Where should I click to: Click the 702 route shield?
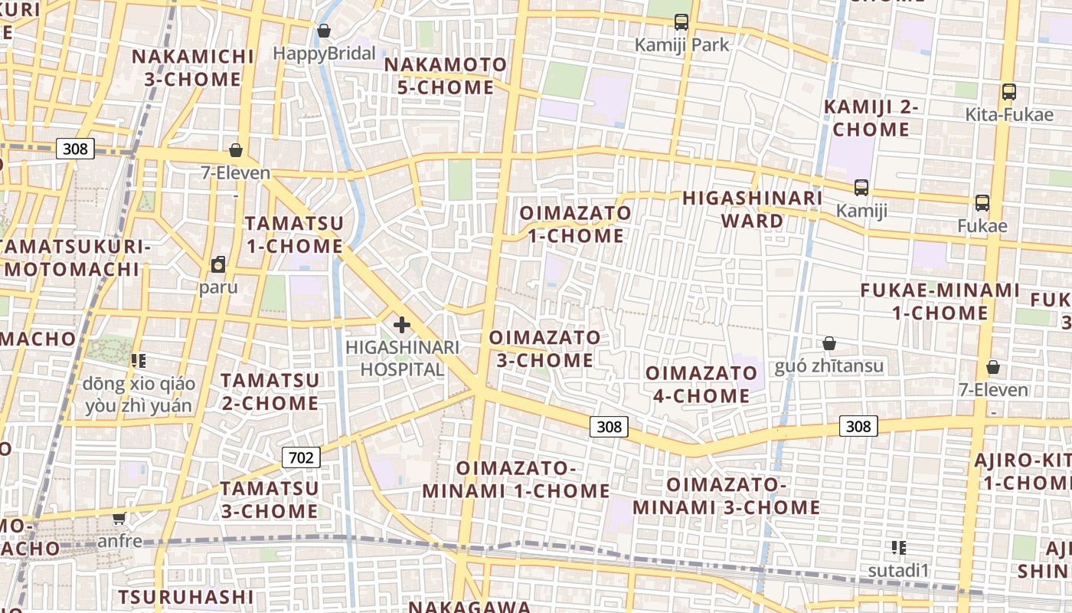pyautogui.click(x=301, y=457)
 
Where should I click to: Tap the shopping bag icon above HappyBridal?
pyautogui.click(x=324, y=31)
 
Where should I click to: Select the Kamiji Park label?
pyautogui.click(x=681, y=45)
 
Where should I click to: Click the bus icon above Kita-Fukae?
pyautogui.click(x=1008, y=92)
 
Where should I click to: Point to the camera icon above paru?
pyautogui.click(x=218, y=265)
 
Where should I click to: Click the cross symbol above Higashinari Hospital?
pyautogui.click(x=401, y=325)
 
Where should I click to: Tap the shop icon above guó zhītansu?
pyautogui.click(x=829, y=343)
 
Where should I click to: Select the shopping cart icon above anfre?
pyautogui.click(x=119, y=519)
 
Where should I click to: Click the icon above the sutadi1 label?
pyautogui.click(x=899, y=547)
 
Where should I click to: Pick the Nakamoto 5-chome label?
pyautogui.click(x=445, y=76)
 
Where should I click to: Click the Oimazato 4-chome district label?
pyautogui.click(x=701, y=385)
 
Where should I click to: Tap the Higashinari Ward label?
pyautogui.click(x=753, y=209)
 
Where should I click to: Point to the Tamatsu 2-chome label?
pyautogui.click(x=270, y=392)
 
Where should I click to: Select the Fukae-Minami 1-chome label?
pyautogui.click(x=940, y=302)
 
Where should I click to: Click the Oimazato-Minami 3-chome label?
pyautogui.click(x=726, y=496)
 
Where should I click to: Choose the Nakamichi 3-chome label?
pyautogui.click(x=192, y=67)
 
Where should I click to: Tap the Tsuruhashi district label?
pyautogui.click(x=186, y=596)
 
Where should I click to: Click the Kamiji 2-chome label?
pyautogui.click(x=871, y=118)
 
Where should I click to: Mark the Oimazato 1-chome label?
pyautogui.click(x=576, y=224)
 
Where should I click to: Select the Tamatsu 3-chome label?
pyautogui.click(x=270, y=500)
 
